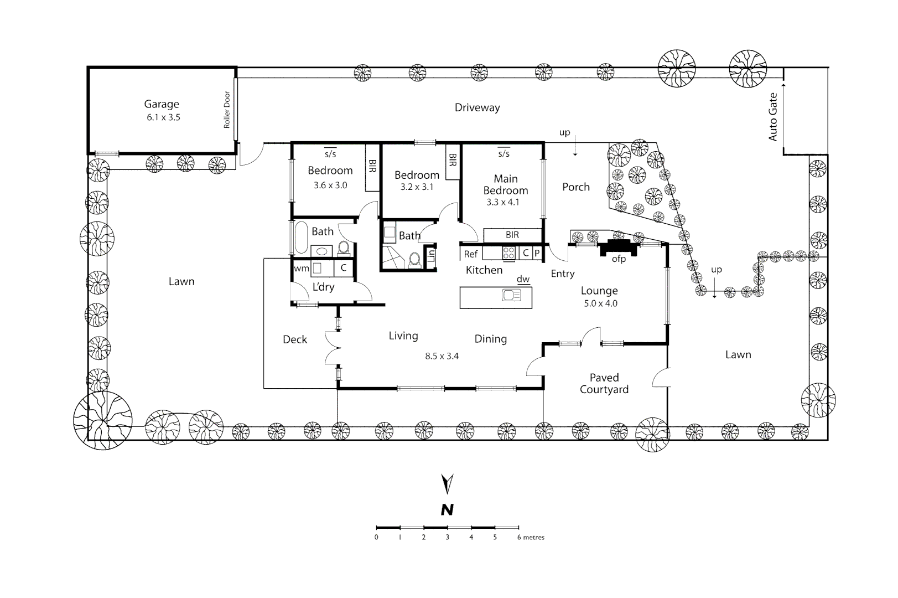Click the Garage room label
162,104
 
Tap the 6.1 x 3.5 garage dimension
163,117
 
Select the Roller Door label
227,110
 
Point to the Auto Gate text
773,117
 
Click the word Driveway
477,108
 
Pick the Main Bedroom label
506,184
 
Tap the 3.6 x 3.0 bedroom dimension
330,185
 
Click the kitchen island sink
512,296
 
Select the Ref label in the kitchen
471,254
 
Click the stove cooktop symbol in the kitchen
508,253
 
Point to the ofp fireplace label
619,259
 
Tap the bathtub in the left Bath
302,238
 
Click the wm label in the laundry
302,269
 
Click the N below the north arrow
447,510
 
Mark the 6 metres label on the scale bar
531,538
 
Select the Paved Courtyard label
604,383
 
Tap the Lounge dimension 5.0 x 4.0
600,303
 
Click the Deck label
295,340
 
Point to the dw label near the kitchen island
523,279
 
